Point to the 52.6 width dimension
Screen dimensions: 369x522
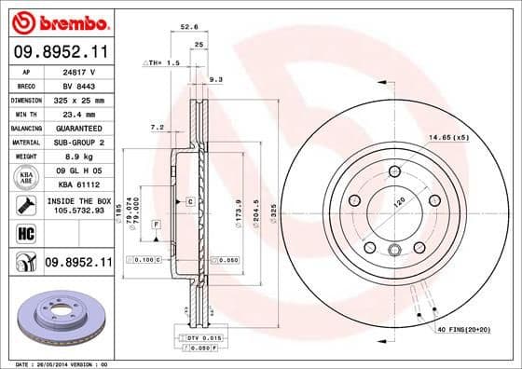point(189,27)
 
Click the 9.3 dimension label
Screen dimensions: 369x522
point(217,80)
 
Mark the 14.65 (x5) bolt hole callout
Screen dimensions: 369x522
point(448,138)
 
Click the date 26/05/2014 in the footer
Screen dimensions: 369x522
point(49,363)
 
